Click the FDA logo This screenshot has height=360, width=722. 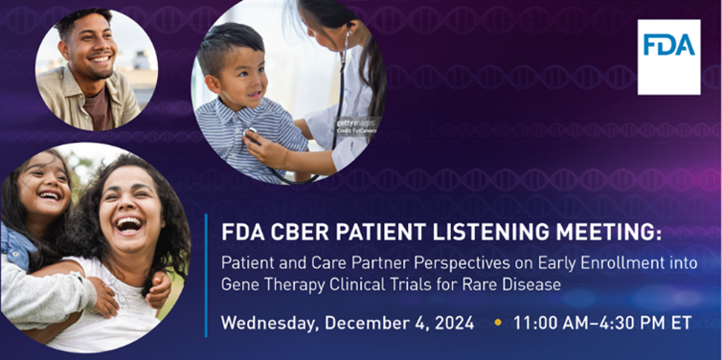click(668, 56)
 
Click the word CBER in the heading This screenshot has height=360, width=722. click(287, 233)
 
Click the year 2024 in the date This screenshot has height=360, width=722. click(449, 323)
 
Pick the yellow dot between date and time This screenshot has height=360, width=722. click(496, 323)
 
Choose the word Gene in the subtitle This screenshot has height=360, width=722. click(239, 284)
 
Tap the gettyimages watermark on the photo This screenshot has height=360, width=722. click(356, 124)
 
